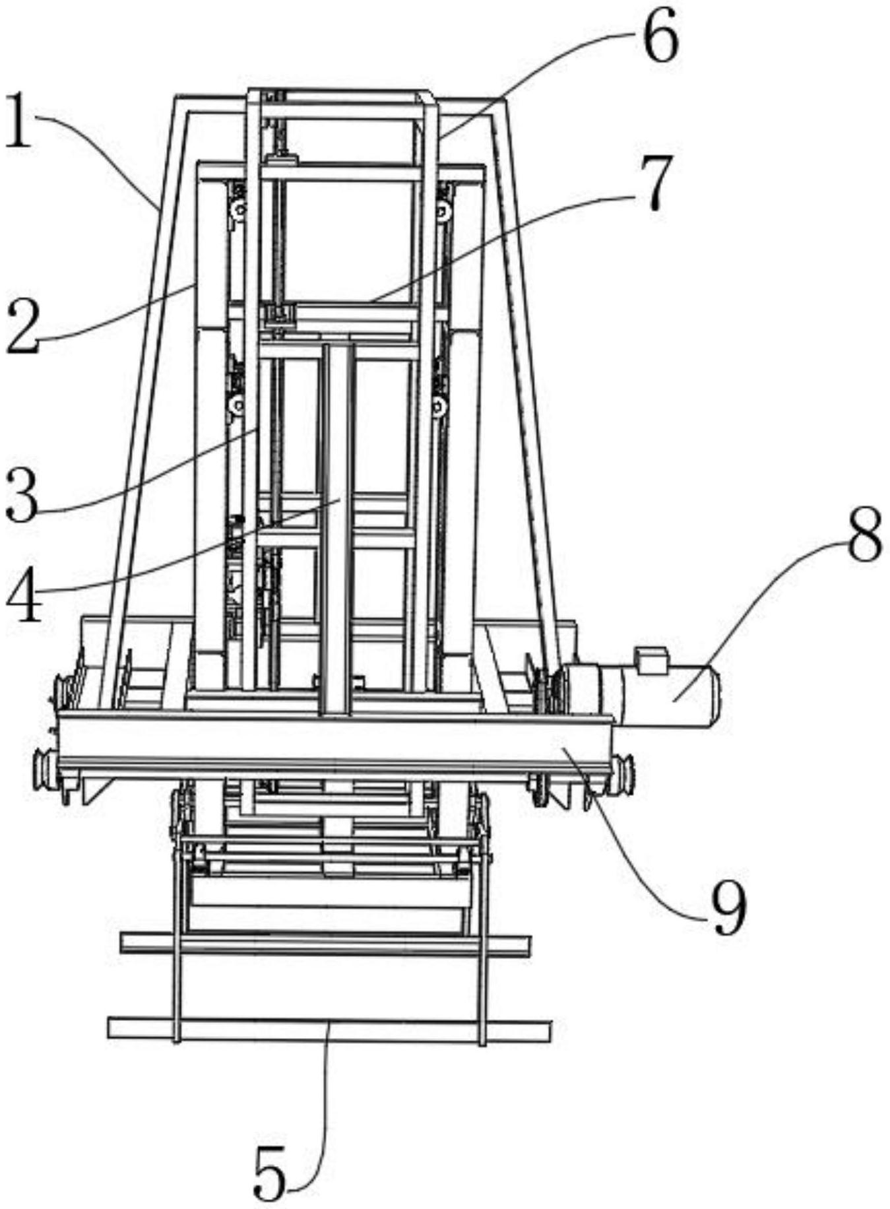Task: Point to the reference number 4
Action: pos(24,598)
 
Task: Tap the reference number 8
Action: pos(864,535)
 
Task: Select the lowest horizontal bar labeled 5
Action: pos(329,1030)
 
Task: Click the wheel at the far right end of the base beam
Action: pos(624,773)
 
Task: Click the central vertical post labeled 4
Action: pos(338,528)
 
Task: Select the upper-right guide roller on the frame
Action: pos(443,211)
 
